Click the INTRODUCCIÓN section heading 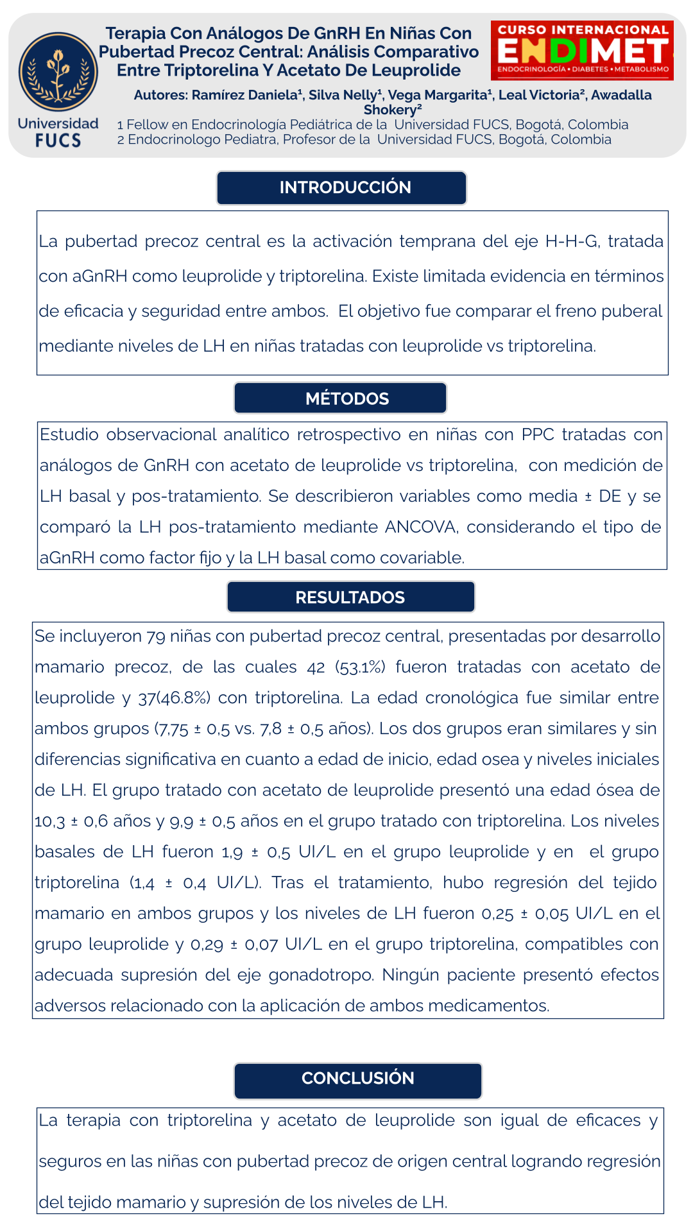[345, 187]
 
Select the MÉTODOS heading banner [347, 398]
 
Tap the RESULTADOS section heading [350, 597]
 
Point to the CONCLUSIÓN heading [358, 1078]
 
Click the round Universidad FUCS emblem [58, 72]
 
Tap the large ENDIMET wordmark [583, 51]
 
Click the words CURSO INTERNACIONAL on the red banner [583, 30]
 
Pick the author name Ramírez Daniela [247, 95]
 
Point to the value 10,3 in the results [49, 821]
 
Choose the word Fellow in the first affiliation [147, 124]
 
